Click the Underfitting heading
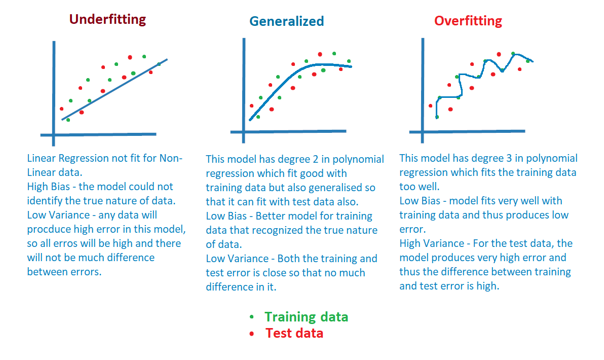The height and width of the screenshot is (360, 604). pos(107,19)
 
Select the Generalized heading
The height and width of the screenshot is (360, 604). pos(286,21)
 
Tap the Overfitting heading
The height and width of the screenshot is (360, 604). pos(468,21)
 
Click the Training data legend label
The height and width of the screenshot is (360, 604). pos(306,317)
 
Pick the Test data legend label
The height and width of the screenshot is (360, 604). pos(294,333)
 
